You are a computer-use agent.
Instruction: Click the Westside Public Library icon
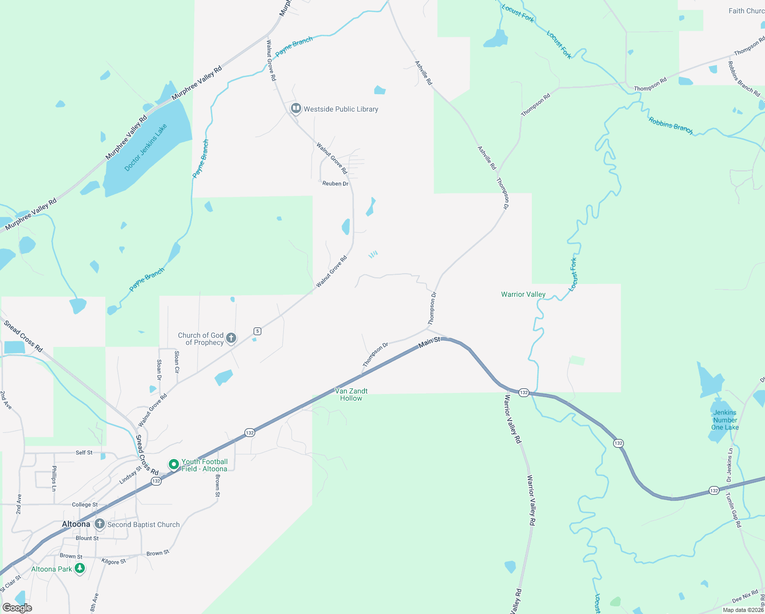(296, 108)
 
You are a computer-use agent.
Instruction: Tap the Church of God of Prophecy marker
(231, 338)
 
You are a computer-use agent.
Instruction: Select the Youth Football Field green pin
(174, 465)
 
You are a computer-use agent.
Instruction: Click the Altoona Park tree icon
(80, 568)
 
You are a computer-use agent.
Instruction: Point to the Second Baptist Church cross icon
(100, 524)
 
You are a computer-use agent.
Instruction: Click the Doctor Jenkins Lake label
(146, 147)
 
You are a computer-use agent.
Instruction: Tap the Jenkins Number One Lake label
(725, 420)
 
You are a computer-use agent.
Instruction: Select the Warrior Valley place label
(523, 294)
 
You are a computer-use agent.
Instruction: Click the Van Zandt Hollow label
(351, 394)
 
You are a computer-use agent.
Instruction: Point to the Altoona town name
(76, 524)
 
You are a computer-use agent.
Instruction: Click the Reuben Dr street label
(335, 184)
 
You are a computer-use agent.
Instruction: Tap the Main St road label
(429, 342)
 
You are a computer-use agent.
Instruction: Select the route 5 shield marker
(257, 331)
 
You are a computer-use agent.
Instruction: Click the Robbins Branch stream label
(670, 126)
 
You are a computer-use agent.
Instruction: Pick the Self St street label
(84, 453)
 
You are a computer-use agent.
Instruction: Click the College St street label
(84, 505)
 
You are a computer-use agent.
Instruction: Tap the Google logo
(17, 607)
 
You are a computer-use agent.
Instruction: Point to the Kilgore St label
(114, 561)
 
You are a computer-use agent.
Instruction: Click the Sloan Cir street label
(177, 362)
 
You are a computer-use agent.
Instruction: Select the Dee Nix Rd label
(745, 597)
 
